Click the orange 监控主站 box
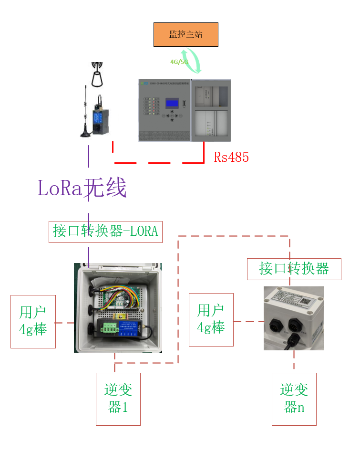(185, 34)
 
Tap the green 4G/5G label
(179, 62)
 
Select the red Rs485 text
(231, 158)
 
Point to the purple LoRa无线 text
(82, 188)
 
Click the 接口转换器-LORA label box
(105, 231)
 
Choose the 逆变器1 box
(118, 399)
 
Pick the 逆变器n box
(294, 399)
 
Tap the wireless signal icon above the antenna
(98, 74)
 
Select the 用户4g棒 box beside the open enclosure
(33, 321)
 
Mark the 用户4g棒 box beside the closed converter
(211, 319)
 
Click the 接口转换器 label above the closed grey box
(294, 269)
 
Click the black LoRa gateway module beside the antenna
(98, 118)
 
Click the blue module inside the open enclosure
(122, 329)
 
